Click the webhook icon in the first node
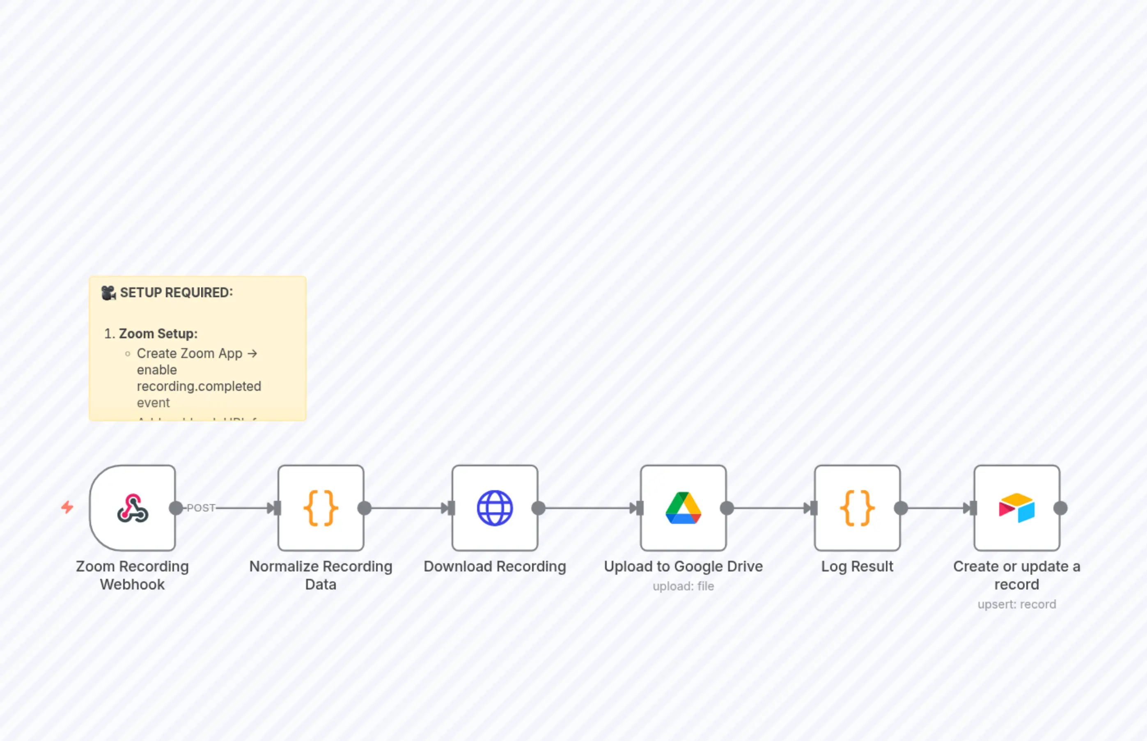pyautogui.click(x=132, y=508)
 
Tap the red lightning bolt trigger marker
pyautogui.click(x=67, y=507)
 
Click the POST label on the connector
pyautogui.click(x=201, y=508)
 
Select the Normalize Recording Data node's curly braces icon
pyautogui.click(x=321, y=508)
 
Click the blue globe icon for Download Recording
pyautogui.click(x=495, y=508)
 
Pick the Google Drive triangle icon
pyautogui.click(x=683, y=508)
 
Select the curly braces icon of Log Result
pyautogui.click(x=857, y=508)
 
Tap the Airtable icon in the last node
pyautogui.click(x=1016, y=508)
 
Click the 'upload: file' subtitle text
pyautogui.click(x=683, y=586)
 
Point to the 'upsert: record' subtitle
pyautogui.click(x=1016, y=604)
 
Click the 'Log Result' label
pyautogui.click(x=857, y=567)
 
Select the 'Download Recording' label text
pyautogui.click(x=495, y=567)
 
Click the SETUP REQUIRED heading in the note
pyautogui.click(x=176, y=293)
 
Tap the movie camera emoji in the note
pyautogui.click(x=109, y=293)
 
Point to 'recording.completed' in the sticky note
pyautogui.click(x=199, y=386)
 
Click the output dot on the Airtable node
pyautogui.click(x=1060, y=508)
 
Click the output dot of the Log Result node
pyautogui.click(x=901, y=508)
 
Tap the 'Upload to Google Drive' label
pyautogui.click(x=683, y=567)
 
